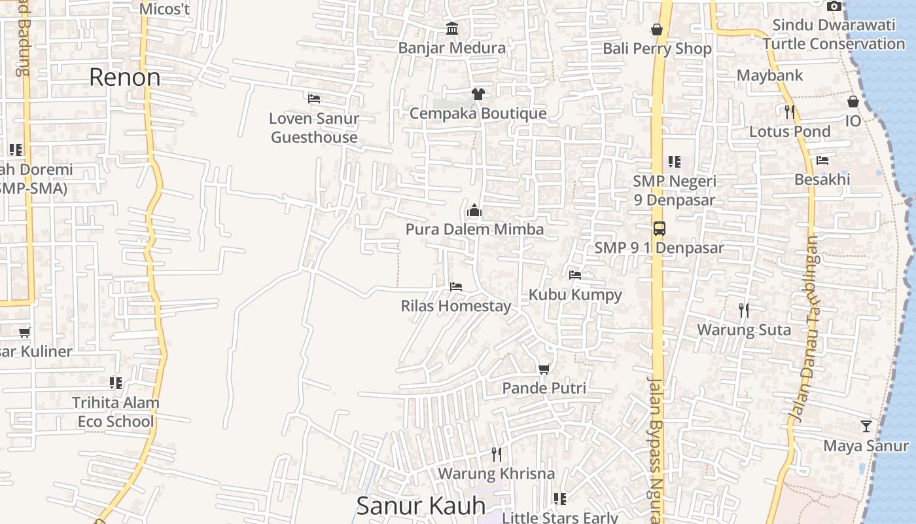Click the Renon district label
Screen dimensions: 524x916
(124, 77)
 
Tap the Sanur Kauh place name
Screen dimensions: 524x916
(421, 506)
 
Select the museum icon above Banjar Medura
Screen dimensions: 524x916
(451, 29)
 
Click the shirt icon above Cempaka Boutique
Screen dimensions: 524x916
(478, 94)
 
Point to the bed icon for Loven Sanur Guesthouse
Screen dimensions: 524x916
(314, 99)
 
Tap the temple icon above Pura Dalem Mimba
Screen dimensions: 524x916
(474, 210)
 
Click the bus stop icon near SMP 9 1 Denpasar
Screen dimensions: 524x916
(659, 229)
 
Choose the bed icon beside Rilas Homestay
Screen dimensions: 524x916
(456, 287)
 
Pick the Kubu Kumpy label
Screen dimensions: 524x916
(575, 295)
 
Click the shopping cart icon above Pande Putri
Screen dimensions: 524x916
(544, 369)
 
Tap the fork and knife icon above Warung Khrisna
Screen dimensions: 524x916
(496, 454)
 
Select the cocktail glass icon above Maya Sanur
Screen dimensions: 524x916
(866, 426)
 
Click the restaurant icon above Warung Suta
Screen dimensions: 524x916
(744, 310)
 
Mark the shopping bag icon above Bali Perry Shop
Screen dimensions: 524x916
(657, 29)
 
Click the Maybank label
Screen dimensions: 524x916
(769, 75)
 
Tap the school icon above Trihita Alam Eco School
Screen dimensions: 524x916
(116, 383)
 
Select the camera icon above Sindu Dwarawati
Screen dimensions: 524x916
(834, 6)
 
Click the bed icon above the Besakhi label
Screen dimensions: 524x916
(822, 160)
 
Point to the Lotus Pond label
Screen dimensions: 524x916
(790, 132)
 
